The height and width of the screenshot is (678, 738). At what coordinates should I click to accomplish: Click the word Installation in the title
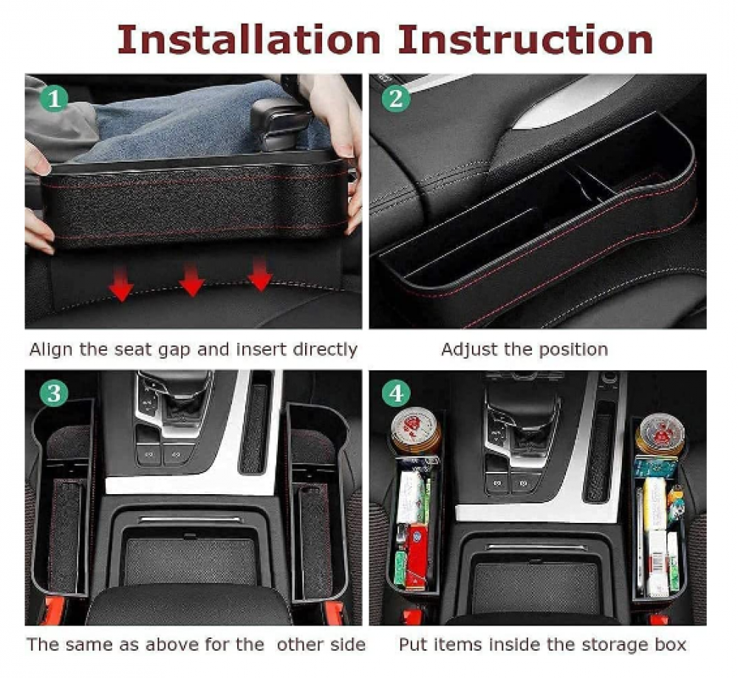(x=248, y=40)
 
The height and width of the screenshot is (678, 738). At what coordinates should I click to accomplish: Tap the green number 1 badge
(x=54, y=98)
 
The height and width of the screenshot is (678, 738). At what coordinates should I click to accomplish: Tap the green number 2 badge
(x=395, y=98)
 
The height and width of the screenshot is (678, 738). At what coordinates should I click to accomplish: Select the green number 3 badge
(x=54, y=392)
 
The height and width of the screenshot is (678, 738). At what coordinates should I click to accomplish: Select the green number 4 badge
(x=395, y=392)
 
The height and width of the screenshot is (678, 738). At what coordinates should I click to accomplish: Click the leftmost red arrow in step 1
(x=121, y=284)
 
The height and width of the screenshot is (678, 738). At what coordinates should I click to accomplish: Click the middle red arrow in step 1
(x=191, y=279)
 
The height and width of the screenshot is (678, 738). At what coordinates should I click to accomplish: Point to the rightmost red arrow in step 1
(x=260, y=274)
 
